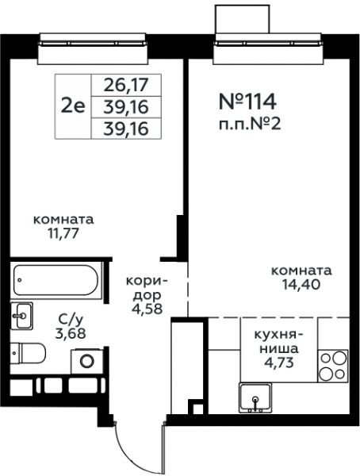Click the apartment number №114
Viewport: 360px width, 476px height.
click(x=247, y=102)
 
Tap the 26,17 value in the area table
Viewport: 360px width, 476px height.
click(x=126, y=86)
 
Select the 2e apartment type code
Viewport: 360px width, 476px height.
click(x=73, y=106)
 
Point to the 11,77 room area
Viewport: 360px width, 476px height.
click(x=63, y=233)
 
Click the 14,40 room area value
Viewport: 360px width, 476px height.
click(x=301, y=284)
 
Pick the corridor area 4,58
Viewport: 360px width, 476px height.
click(x=147, y=309)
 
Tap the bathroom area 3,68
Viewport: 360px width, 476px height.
click(x=71, y=333)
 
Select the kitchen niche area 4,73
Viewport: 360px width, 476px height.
click(x=278, y=363)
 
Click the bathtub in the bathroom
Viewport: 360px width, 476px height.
click(x=56, y=280)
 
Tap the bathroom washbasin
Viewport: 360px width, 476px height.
click(x=21, y=316)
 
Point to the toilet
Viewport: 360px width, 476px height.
click(x=28, y=353)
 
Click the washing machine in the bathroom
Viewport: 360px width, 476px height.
click(x=86, y=361)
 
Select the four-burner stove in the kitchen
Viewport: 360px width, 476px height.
click(x=333, y=366)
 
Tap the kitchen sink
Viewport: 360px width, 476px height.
click(x=255, y=398)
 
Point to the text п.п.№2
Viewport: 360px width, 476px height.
click(x=250, y=125)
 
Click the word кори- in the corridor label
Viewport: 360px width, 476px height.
click(x=147, y=281)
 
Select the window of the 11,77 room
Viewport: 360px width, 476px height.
click(x=93, y=48)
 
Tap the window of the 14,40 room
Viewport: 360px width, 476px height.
click(x=268, y=48)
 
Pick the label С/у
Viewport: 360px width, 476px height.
click(x=71, y=319)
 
